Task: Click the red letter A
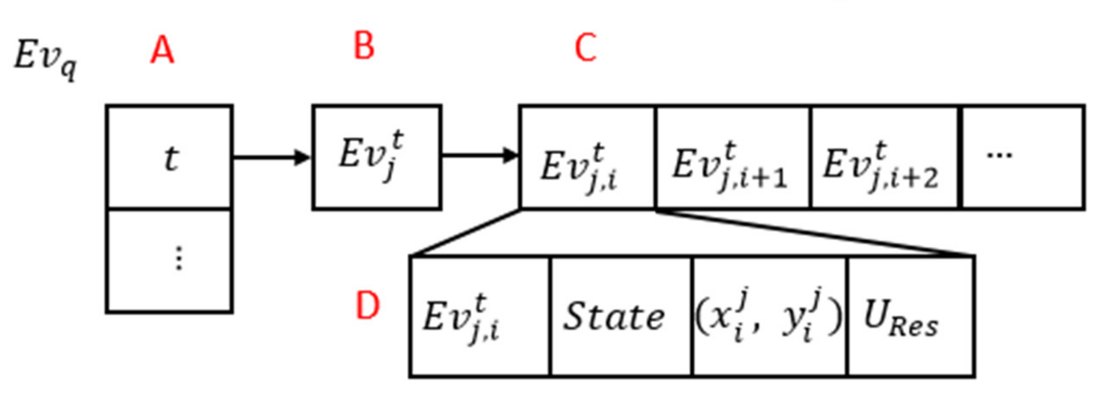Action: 162,50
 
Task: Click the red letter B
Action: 363,46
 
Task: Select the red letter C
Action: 585,48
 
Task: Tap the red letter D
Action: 367,306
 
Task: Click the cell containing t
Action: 170,157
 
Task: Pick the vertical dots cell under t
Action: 170,260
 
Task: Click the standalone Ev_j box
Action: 376,157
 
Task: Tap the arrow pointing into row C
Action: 479,156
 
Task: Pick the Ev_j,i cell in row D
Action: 480,317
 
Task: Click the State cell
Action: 620,317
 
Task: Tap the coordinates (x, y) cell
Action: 769,317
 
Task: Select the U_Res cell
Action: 910,317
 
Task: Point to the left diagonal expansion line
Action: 465,233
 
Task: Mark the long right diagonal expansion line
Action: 815,233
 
